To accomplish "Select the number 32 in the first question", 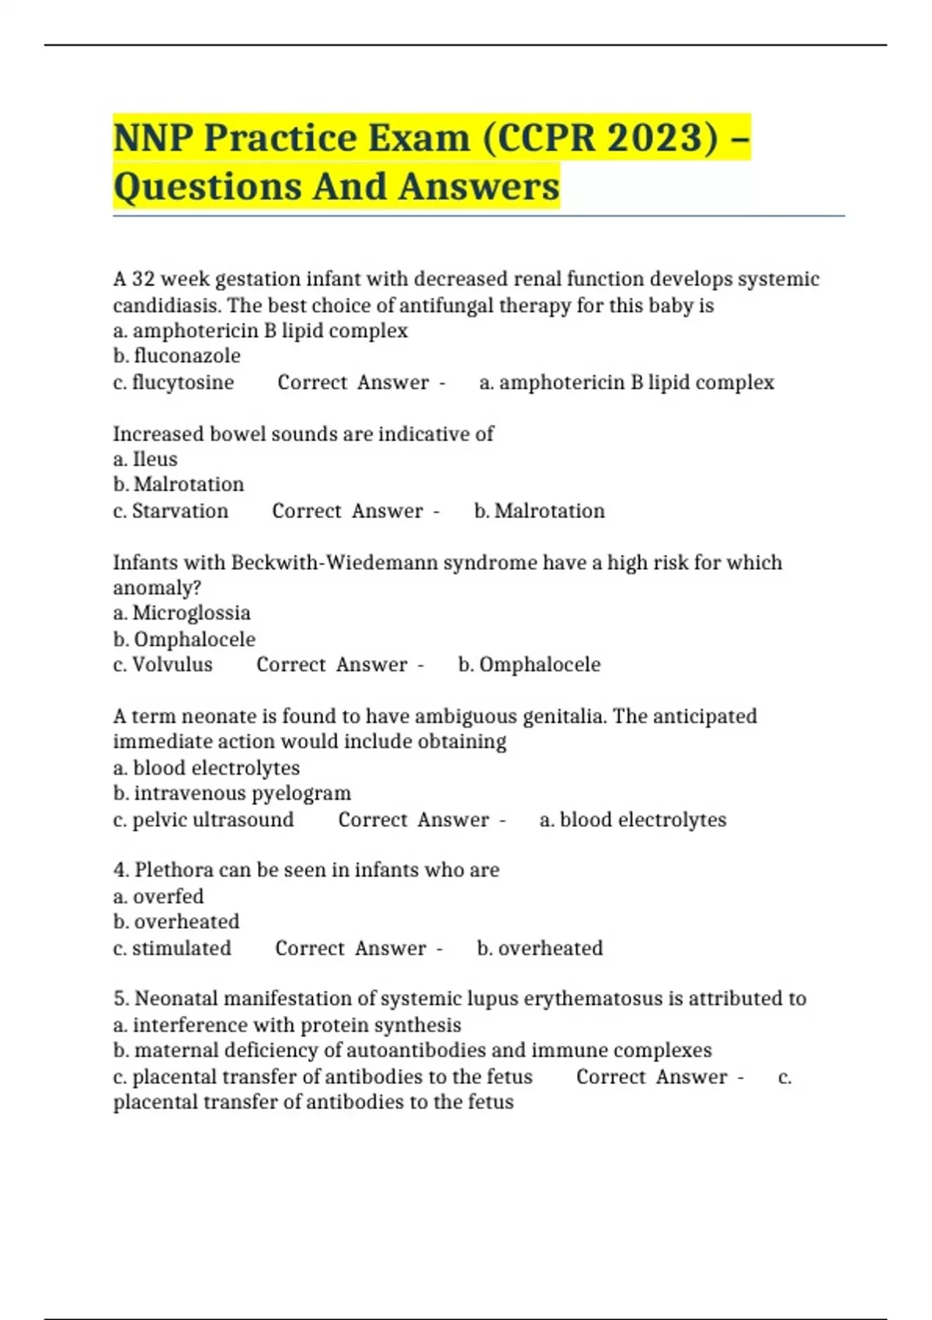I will pos(143,279).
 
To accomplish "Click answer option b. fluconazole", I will pos(177,356).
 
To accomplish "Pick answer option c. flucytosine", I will pos(174,382).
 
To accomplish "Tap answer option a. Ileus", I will pos(145,459).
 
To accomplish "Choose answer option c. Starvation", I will pos(171,511).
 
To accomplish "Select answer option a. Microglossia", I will pos(182,613).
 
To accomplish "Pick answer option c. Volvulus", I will pos(163,665).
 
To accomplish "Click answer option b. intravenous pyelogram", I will pos(232,793).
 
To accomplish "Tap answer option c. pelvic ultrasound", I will pos(203,819).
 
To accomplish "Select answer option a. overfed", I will pos(158,896).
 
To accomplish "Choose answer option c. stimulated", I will pos(172,948).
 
